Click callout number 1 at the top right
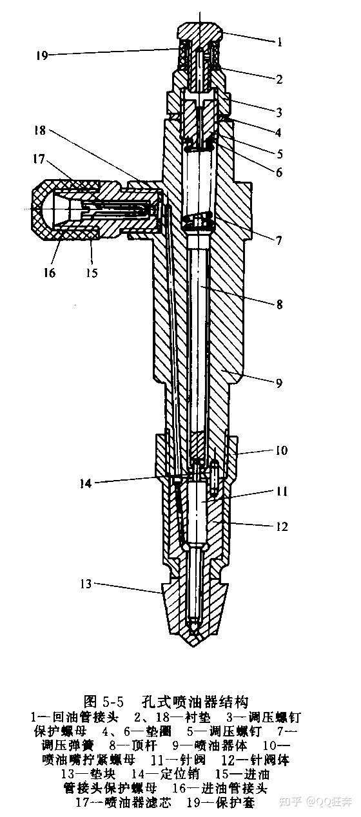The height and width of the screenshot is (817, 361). point(279,42)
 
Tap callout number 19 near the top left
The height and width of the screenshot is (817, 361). point(42,55)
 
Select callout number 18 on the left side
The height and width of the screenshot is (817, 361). point(39,130)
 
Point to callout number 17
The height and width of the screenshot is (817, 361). point(39,159)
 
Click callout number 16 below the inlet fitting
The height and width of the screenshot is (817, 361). point(49,272)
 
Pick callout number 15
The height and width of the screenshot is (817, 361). point(92,272)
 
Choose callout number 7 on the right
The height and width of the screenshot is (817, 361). point(279,241)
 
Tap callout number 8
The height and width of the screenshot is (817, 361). point(279,304)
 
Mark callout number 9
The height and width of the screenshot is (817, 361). point(279,383)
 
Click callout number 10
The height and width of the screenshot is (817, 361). point(281,450)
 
